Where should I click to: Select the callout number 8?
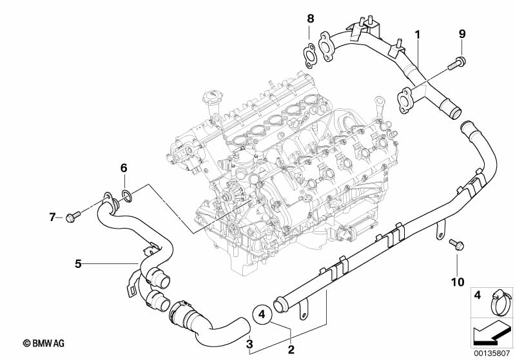click(x=310, y=18)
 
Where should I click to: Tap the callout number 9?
click(x=462, y=33)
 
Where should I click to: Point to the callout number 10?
click(x=457, y=281)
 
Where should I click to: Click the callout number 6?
click(x=124, y=169)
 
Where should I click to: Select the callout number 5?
click(x=78, y=263)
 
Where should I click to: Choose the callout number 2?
click(x=291, y=350)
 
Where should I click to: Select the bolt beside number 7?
click(x=71, y=214)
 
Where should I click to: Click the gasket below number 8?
click(x=310, y=54)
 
